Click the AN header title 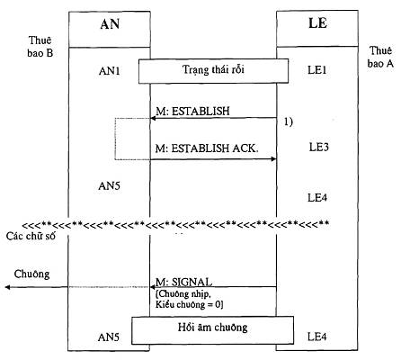tap(110, 24)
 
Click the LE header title tap(317, 23)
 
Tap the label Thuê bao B tap(40, 47)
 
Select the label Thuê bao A tap(380, 57)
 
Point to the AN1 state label tap(110, 71)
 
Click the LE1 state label tap(317, 70)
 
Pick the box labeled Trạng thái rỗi tap(213, 71)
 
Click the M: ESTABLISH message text tap(192, 111)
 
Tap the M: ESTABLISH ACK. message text tap(207, 148)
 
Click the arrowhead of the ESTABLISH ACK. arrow tap(273, 159)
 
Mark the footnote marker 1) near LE tap(289, 121)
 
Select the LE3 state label tap(318, 147)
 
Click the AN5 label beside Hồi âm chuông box tap(109, 337)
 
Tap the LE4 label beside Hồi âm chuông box tap(317, 337)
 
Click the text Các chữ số tap(31, 236)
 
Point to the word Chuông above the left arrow tap(31, 274)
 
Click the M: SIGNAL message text tap(184, 282)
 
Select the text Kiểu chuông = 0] tap(190, 305)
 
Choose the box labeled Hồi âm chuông tap(212, 330)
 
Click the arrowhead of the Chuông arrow tap(7, 287)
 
